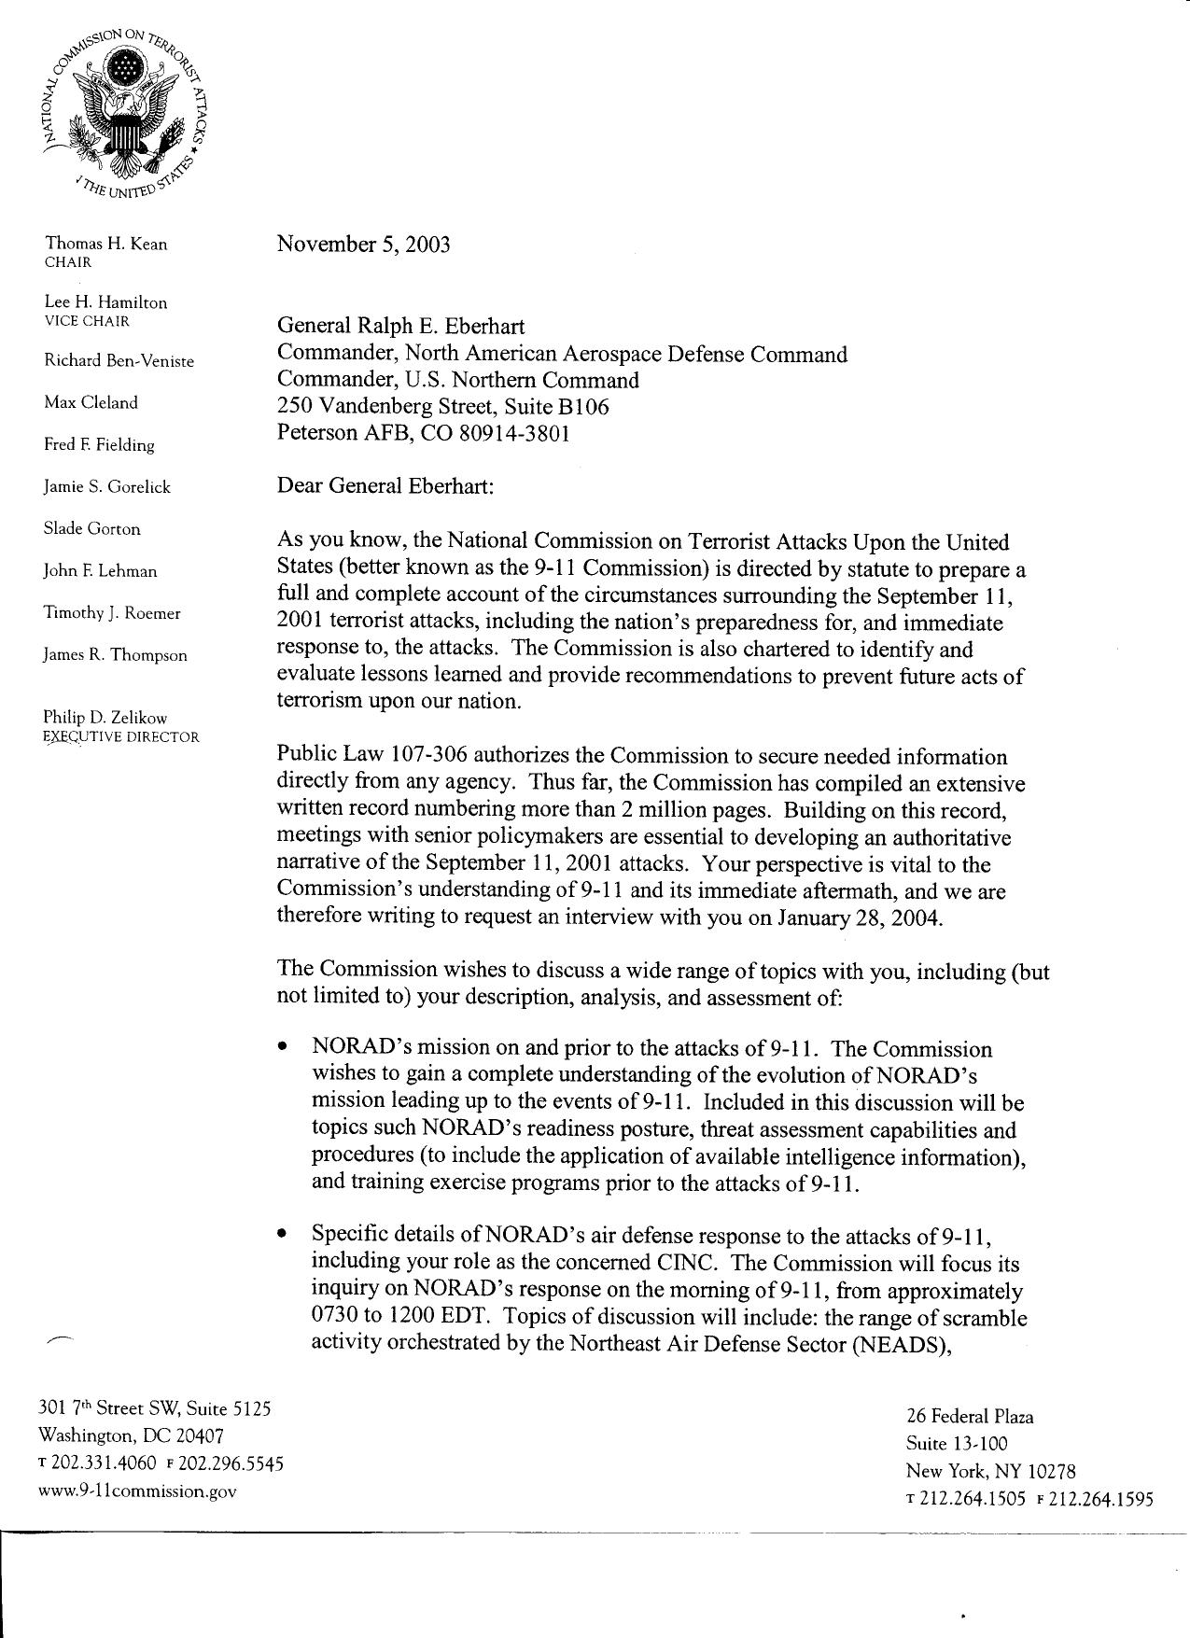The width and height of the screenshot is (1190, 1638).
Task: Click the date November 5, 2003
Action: [363, 245]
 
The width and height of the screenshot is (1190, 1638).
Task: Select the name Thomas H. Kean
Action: [105, 245]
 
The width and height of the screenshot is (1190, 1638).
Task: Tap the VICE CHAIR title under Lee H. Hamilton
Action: [87, 321]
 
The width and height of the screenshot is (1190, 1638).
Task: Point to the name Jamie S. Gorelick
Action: [106, 487]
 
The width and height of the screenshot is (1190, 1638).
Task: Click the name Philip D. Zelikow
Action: [105, 718]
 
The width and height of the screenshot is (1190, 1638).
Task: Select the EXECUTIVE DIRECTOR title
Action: [121, 737]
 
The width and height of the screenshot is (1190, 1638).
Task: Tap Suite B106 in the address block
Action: [556, 407]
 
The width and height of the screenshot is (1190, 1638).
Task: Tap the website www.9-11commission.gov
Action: [136, 1491]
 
